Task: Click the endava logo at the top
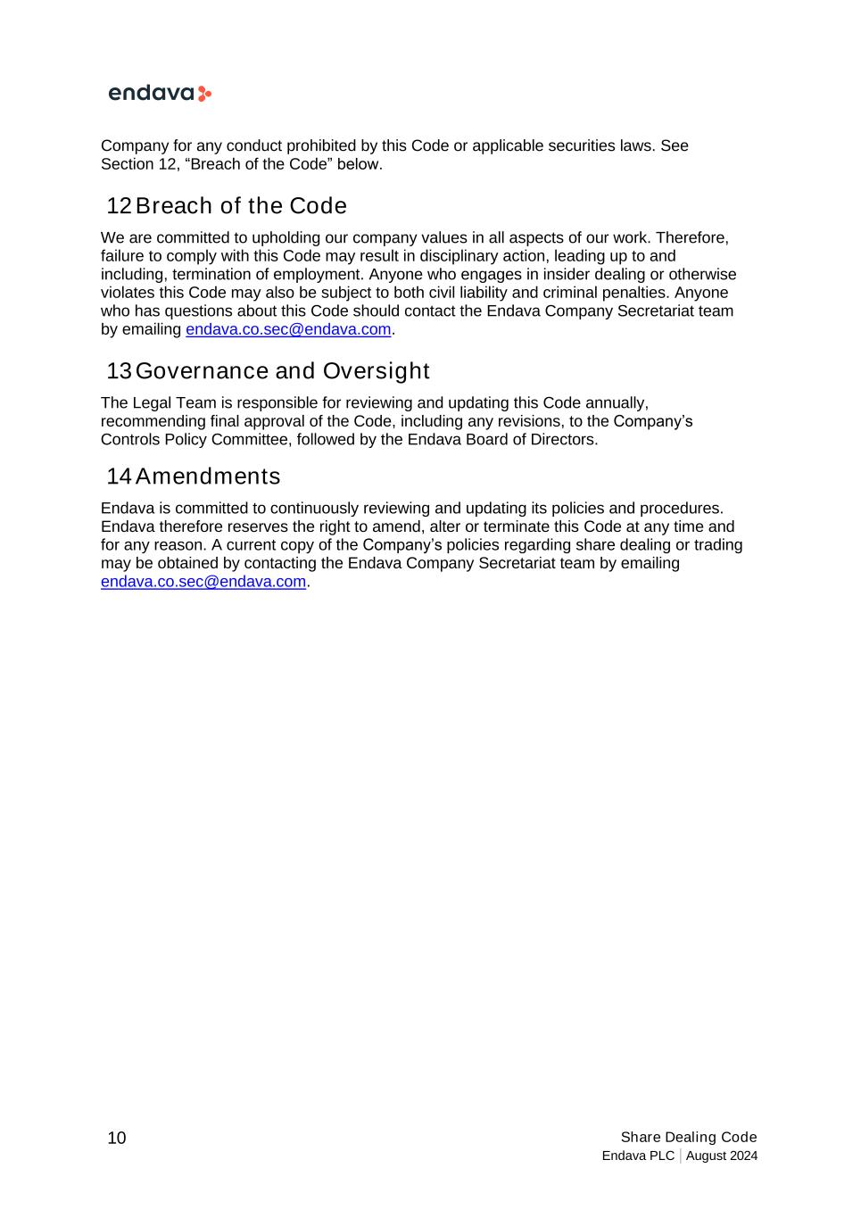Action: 159,94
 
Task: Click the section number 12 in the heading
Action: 119,206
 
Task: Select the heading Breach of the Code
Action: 241,206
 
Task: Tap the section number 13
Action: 119,371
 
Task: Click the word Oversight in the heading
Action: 376,371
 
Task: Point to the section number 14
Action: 119,476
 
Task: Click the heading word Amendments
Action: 208,476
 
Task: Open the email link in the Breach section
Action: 288,329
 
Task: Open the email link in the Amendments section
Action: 203,582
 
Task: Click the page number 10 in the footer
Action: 117,1138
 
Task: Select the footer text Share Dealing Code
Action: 689,1137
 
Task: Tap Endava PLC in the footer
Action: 638,1156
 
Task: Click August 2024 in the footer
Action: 722,1156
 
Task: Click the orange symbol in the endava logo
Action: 204,94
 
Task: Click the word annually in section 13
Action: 616,403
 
